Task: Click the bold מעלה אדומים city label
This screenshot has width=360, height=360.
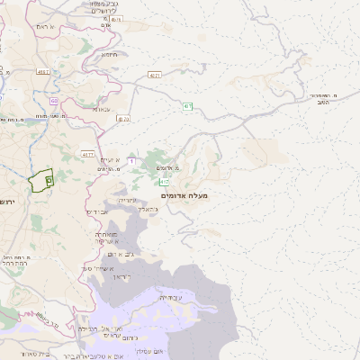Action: pyautogui.click(x=184, y=195)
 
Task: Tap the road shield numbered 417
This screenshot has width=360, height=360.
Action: pyautogui.click(x=165, y=183)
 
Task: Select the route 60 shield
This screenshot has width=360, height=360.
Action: pyautogui.click(x=54, y=102)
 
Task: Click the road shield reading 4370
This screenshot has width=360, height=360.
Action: pyautogui.click(x=123, y=118)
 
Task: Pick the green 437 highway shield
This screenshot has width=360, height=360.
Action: pyautogui.click(x=188, y=107)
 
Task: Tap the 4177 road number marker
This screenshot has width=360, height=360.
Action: pyautogui.click(x=87, y=154)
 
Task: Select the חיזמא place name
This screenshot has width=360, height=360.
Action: pyautogui.click(x=110, y=54)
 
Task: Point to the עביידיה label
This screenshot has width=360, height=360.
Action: pyautogui.click(x=170, y=297)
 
